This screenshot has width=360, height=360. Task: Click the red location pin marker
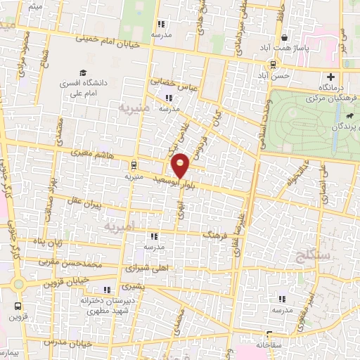[181, 165]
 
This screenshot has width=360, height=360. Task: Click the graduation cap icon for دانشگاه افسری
[83, 72]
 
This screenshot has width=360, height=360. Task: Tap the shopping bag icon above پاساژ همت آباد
[284, 39]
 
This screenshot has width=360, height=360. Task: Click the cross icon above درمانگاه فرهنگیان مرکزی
[330, 77]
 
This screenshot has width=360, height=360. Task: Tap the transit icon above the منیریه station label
[134, 166]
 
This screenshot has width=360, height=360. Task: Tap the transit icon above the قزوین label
[18, 306]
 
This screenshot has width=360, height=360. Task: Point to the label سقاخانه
[268, 345]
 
